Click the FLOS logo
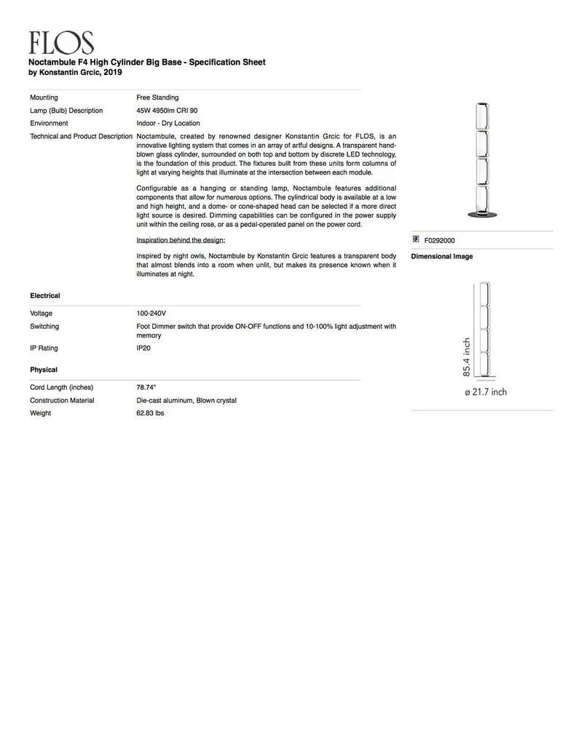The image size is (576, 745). click(x=61, y=43)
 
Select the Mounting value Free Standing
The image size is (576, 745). click(x=157, y=97)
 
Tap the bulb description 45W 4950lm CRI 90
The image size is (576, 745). click(x=167, y=111)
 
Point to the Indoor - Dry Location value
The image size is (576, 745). click(x=167, y=124)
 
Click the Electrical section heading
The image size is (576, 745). click(x=45, y=296)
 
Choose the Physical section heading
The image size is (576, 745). click(x=44, y=370)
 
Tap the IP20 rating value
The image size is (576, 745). click(x=143, y=348)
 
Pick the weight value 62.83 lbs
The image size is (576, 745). click(x=151, y=414)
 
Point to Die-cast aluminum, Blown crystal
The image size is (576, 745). click(x=186, y=401)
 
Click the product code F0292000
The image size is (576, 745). click(x=440, y=240)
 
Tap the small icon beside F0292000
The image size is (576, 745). click(x=416, y=239)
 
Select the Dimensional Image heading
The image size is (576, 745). click(x=442, y=257)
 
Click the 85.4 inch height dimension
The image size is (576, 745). click(x=467, y=356)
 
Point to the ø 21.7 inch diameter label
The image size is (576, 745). click(x=486, y=392)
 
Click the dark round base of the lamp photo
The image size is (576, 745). click(x=482, y=213)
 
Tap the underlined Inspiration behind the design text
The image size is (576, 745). click(x=181, y=240)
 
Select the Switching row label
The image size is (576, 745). click(x=44, y=327)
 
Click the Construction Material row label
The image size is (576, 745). click(x=62, y=401)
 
